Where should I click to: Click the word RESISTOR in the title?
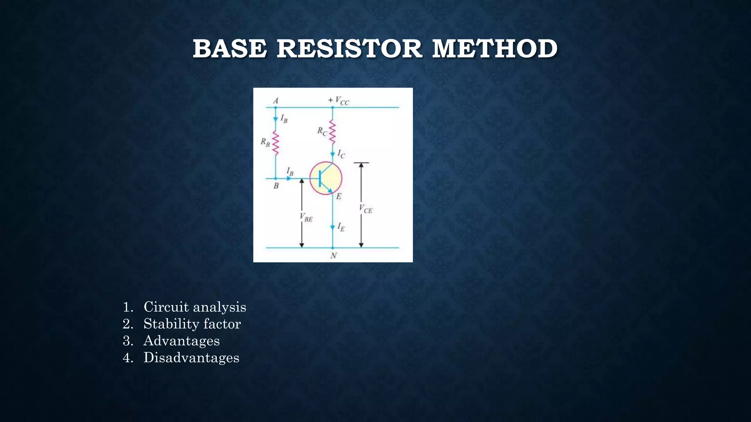pos(349,49)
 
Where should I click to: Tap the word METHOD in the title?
pos(495,49)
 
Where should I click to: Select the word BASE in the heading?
pos(230,49)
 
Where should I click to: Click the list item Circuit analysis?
pos(194,307)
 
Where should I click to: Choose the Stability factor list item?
pos(192,324)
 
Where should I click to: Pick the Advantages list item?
pos(181,341)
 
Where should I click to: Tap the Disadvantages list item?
pos(191,358)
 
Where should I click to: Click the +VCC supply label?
pos(339,100)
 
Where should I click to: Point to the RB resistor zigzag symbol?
pos(275,143)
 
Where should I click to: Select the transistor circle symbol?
pos(326,178)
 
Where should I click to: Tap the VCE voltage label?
pos(366,209)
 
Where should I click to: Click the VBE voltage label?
pos(306,217)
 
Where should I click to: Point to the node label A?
pos(276,100)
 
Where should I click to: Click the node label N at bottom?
pos(333,256)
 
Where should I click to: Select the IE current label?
pos(341,227)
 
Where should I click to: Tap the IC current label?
pos(341,154)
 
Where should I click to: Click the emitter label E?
pos(339,196)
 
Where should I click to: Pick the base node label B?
pos(276,186)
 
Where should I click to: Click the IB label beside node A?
pos(284,118)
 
